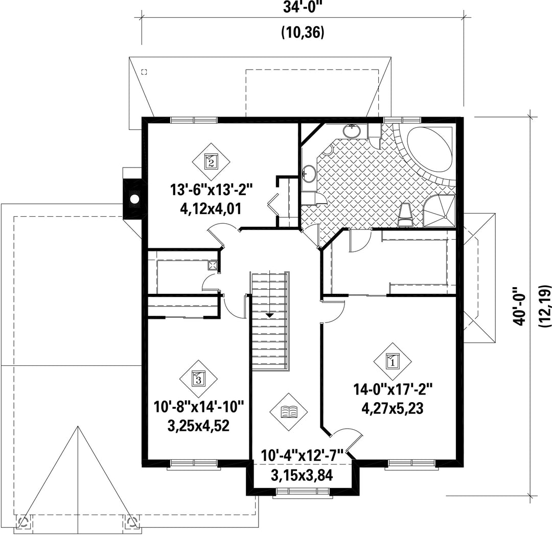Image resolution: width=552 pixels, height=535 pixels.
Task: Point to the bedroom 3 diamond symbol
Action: [198, 379]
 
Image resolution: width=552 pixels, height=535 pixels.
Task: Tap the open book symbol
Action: [289, 412]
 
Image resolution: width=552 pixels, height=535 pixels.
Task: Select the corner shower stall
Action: [439, 211]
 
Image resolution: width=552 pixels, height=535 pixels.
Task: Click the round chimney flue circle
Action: [134, 199]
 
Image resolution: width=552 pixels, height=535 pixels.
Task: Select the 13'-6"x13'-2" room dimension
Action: [211, 190]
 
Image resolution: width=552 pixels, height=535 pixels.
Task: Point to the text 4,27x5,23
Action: [392, 409]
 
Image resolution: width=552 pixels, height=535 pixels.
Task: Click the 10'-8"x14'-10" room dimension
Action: [198, 407]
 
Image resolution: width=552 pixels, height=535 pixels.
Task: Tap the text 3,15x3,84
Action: [302, 476]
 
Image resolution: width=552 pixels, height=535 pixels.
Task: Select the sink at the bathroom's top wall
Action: [352, 131]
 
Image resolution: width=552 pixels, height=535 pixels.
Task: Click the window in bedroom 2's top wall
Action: [194, 120]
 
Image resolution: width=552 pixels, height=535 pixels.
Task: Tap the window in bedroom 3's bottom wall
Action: [194, 464]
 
